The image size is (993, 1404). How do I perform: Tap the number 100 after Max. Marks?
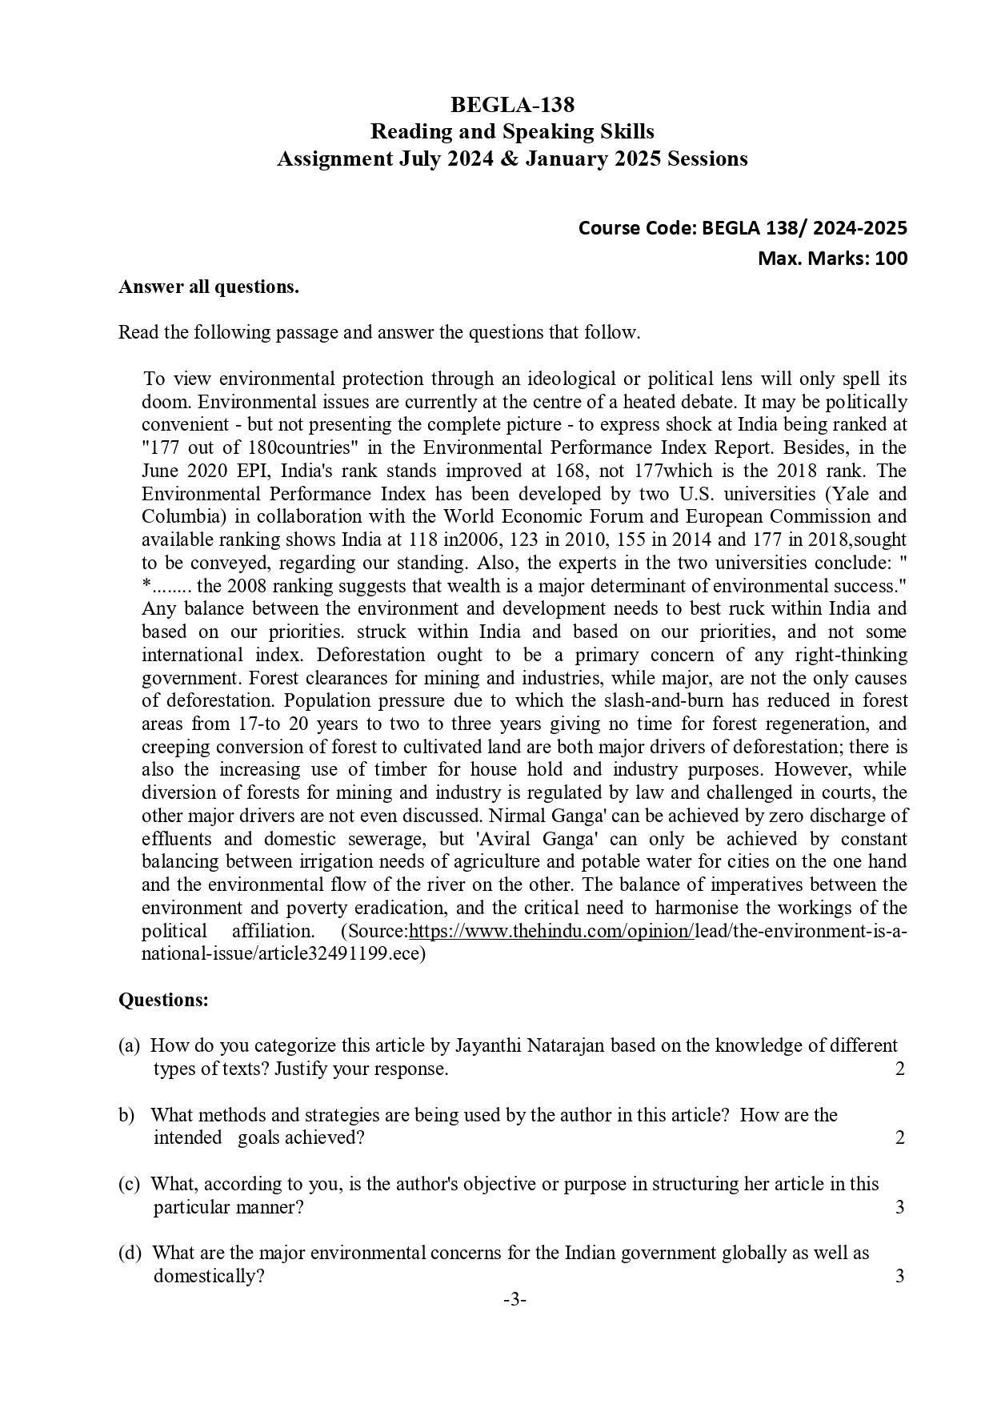(891, 259)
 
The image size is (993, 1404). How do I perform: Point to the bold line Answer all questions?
(209, 287)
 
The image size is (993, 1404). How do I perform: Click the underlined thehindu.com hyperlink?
(551, 932)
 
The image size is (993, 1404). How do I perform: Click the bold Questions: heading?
(164, 1000)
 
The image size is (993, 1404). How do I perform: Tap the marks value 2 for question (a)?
(900, 1069)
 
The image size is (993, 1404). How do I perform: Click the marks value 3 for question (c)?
(900, 1206)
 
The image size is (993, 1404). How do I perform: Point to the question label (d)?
(130, 1253)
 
